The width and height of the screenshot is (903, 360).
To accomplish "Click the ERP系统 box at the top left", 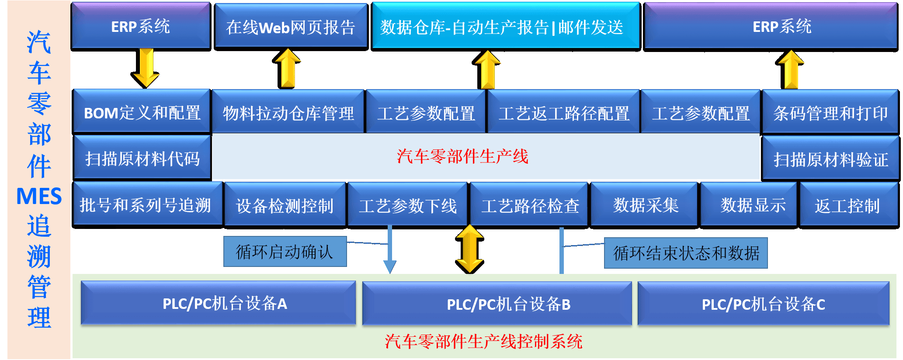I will click(x=141, y=26).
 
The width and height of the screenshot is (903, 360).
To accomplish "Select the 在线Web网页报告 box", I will click(x=291, y=27).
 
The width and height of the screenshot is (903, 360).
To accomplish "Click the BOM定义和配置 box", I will click(x=142, y=112).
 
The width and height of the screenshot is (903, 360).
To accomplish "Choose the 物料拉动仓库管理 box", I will click(x=288, y=113).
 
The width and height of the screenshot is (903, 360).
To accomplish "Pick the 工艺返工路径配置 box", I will click(x=563, y=113).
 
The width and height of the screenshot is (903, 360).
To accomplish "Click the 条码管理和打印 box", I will click(x=830, y=113).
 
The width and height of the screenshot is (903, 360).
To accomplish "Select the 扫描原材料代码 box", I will click(x=142, y=158).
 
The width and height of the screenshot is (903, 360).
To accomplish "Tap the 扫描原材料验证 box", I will click(x=830, y=159).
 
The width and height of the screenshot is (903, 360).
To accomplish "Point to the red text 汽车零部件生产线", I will click(x=462, y=156).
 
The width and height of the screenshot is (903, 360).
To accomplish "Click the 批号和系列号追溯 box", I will click(x=146, y=204).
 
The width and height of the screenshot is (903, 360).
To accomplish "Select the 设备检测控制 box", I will click(x=285, y=205).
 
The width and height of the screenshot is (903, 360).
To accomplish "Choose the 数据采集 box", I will click(x=645, y=205).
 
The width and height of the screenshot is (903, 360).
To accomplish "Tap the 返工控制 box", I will click(x=847, y=205).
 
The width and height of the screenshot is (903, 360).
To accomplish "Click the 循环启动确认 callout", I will click(x=285, y=252).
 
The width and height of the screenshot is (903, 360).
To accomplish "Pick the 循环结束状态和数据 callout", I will click(x=686, y=253).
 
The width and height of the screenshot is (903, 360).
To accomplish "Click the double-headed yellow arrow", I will click(x=469, y=249).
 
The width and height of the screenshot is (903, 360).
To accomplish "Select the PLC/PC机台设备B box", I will click(x=497, y=304).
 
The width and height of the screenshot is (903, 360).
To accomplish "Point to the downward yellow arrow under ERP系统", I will click(x=146, y=68).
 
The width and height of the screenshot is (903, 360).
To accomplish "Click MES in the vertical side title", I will click(x=39, y=196).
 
